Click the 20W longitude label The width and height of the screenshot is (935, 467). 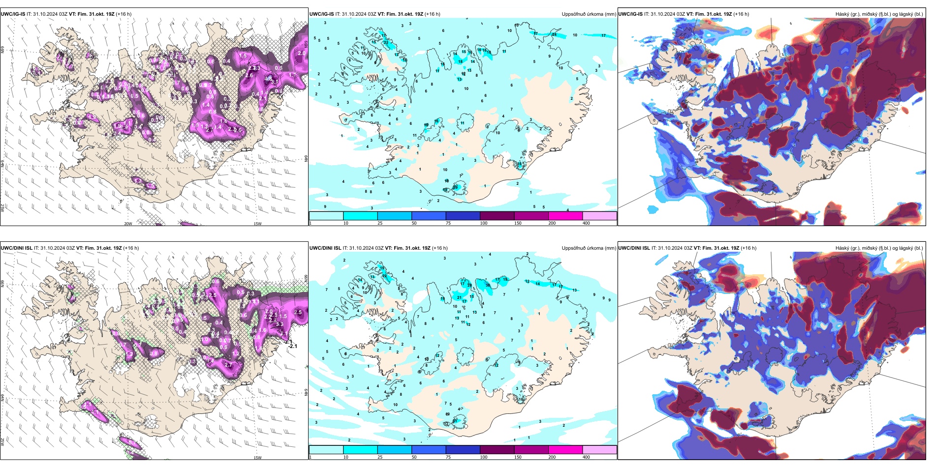(x=128, y=224)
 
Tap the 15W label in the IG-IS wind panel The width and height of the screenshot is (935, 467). (x=257, y=224)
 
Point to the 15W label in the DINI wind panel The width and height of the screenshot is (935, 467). (x=257, y=458)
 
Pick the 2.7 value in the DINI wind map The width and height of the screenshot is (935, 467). (x=228, y=365)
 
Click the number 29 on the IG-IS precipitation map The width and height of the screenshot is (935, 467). (x=455, y=187)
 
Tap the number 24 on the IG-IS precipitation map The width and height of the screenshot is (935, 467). (x=554, y=35)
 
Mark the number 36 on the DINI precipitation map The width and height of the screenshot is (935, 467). (x=488, y=285)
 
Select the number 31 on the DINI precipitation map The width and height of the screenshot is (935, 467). (x=455, y=421)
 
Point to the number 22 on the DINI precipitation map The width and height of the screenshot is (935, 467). (x=385, y=276)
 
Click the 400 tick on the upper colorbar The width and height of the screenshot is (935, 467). (x=586, y=223)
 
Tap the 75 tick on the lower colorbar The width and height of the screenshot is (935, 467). (x=448, y=457)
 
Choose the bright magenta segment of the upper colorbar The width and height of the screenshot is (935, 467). (x=565, y=216)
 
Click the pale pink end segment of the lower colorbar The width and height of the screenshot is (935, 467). (x=599, y=450)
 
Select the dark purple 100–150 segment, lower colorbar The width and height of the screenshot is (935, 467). (x=497, y=450)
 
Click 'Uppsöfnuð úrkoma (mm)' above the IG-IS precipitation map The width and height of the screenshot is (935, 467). (x=589, y=14)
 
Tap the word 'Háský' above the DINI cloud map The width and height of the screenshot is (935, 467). (x=843, y=248)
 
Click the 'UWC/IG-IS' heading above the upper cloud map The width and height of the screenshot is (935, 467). (x=630, y=14)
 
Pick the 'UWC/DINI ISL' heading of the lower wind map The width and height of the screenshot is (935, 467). (x=17, y=248)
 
